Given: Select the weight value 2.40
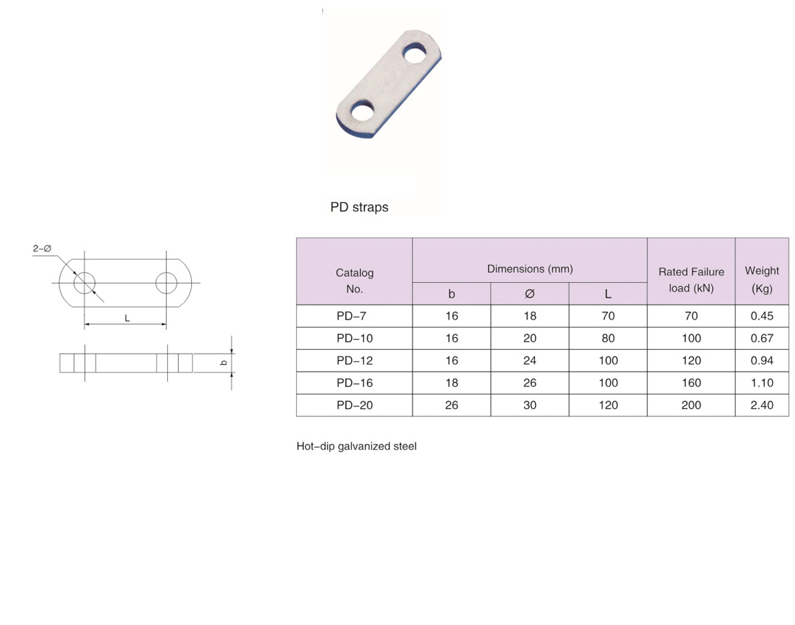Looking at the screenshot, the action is (x=762, y=405).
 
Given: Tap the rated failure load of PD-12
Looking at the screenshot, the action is (x=691, y=360).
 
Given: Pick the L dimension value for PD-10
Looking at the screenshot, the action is (x=608, y=338).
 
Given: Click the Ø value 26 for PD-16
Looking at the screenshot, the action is (x=530, y=383).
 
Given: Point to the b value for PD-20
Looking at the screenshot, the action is (x=452, y=405).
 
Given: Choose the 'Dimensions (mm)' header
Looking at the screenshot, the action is (x=530, y=269).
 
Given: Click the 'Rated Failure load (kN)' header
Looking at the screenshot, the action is (x=691, y=280).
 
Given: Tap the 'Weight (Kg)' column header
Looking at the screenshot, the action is (x=762, y=279).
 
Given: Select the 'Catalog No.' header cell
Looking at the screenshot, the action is (x=354, y=281).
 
